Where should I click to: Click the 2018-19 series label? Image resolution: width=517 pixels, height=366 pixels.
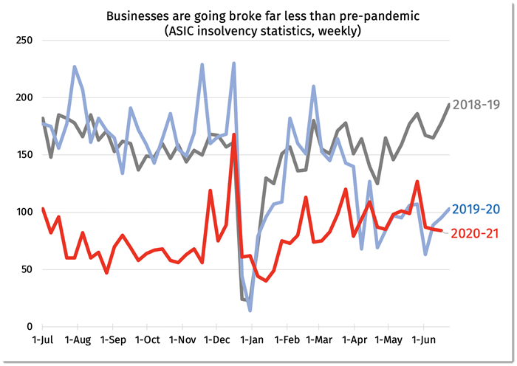(477, 105)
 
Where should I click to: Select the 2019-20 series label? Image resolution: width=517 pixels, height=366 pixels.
(477, 210)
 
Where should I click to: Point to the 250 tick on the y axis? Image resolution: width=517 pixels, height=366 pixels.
(24, 40)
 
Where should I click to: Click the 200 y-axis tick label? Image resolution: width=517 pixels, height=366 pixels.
(24, 97)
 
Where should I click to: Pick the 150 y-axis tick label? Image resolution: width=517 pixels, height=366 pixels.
(24, 155)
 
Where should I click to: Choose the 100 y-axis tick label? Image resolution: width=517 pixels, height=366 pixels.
(24, 212)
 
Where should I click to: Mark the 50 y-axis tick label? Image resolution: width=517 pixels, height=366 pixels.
(27, 269)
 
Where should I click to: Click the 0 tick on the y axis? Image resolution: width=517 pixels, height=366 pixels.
(30, 326)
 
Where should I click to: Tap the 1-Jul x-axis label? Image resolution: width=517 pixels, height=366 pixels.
(43, 340)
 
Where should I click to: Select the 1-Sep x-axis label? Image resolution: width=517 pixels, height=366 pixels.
(113, 340)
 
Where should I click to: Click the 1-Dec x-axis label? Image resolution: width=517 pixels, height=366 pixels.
(216, 340)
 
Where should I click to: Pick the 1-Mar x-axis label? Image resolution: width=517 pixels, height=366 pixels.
(319, 340)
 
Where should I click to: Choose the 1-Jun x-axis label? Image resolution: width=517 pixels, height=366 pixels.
(423, 340)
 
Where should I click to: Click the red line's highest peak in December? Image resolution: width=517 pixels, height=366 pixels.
(234, 134)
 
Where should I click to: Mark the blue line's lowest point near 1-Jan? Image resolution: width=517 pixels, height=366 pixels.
(250, 311)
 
